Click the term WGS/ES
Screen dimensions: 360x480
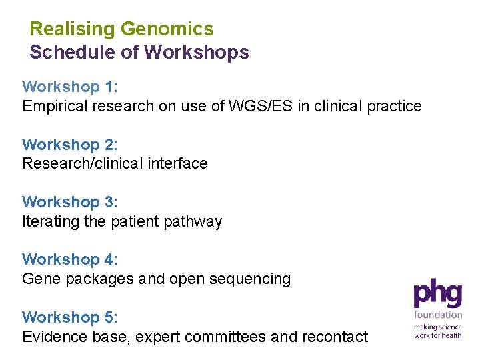[247, 106]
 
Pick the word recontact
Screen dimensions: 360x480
[336, 337]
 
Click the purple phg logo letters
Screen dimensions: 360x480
[437, 293]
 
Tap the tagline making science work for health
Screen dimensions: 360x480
[437, 331]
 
